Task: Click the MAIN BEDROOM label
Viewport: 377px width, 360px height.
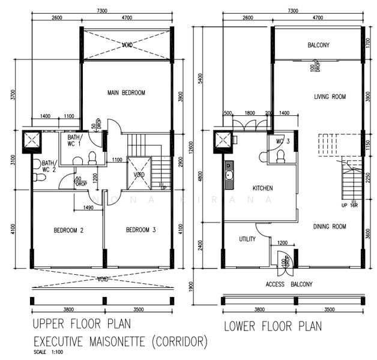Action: pos(126,93)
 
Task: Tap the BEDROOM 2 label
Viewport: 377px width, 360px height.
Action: pos(68,230)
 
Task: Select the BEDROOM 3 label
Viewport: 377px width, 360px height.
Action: pos(141,230)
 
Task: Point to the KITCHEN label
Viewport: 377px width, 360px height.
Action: pos(262,188)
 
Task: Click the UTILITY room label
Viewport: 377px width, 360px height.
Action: pos(247,239)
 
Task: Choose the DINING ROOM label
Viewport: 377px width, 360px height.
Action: pos(330,226)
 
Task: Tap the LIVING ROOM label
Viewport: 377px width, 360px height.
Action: pos(330,97)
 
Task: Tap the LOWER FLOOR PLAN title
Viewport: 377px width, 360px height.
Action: pos(272,327)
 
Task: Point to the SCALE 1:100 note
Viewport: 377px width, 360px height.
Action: pos(47,352)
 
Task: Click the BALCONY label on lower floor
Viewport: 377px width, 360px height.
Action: pos(318,46)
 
